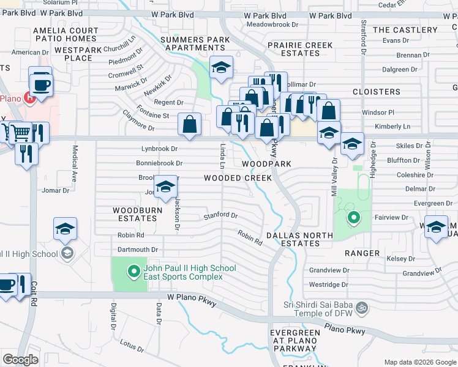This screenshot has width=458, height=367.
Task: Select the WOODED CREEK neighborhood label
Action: tap(238, 178)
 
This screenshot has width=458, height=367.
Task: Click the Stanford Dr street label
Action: tap(220, 215)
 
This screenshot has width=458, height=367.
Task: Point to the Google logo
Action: tap(20, 360)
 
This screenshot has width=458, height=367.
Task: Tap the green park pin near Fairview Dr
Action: tap(353, 217)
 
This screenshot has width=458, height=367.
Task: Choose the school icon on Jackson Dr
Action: tap(165, 188)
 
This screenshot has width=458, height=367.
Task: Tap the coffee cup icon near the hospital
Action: tap(41, 84)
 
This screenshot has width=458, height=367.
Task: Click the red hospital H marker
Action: tap(27, 97)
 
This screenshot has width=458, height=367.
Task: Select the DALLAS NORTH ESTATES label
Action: tap(300, 239)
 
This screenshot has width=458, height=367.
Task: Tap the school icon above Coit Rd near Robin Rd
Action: tap(65, 229)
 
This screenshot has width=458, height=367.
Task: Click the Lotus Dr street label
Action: tap(132, 346)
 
